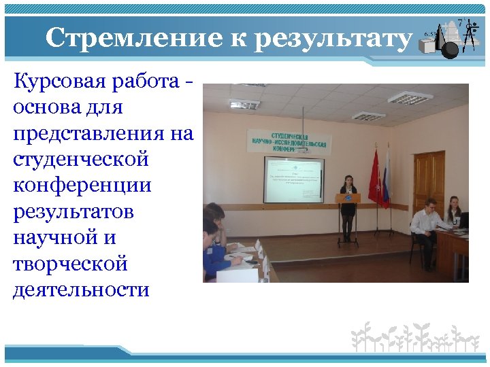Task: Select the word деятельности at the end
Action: [x=81, y=290]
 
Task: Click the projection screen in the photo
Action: [x=293, y=179]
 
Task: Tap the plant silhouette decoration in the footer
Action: [x=414, y=336]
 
